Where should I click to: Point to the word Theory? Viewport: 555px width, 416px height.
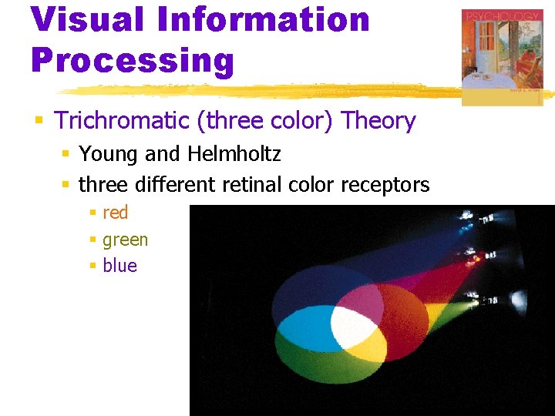378,121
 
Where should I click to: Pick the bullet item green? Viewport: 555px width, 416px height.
125,240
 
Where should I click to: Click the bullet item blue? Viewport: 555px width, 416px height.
119,266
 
